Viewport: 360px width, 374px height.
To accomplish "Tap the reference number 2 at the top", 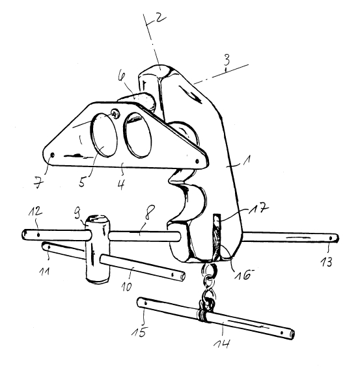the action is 161,17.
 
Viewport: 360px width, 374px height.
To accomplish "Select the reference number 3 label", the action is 227,60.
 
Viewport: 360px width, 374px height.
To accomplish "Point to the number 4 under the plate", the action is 122,184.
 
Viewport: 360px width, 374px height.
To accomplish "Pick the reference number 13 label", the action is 326,262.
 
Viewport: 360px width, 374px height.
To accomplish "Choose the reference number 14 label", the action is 222,345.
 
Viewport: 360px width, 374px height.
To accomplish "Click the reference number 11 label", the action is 45,271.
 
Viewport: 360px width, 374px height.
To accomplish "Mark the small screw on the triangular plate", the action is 116,113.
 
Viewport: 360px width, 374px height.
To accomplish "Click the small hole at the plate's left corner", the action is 53,155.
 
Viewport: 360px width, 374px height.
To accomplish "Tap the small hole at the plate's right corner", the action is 197,161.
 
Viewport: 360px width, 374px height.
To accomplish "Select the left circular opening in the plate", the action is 104,135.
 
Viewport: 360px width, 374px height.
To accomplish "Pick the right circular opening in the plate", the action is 137,135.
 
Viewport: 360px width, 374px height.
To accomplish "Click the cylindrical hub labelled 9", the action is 98,248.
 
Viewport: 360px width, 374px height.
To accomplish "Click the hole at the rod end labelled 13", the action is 331,238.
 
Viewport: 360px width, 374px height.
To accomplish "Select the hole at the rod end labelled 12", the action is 38,235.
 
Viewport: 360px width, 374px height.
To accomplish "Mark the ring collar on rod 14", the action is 202,316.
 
